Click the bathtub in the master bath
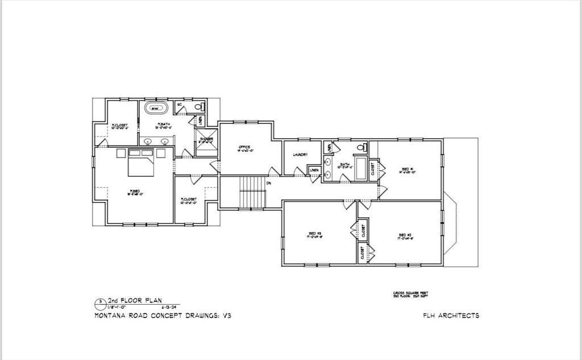pyautogui.click(x=155, y=107)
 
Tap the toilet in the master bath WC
pyautogui.click(x=199, y=106)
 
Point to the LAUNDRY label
pyautogui.click(x=300, y=155)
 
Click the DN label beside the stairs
pyautogui.click(x=268, y=183)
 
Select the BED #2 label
pyautogui.click(x=404, y=236)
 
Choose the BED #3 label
pyautogui.click(x=315, y=234)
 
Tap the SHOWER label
pyautogui.click(x=206, y=139)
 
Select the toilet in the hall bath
pyautogui.click(x=359, y=148)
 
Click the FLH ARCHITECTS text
pyautogui.click(x=451, y=316)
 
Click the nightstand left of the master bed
pyautogui.click(x=120, y=153)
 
